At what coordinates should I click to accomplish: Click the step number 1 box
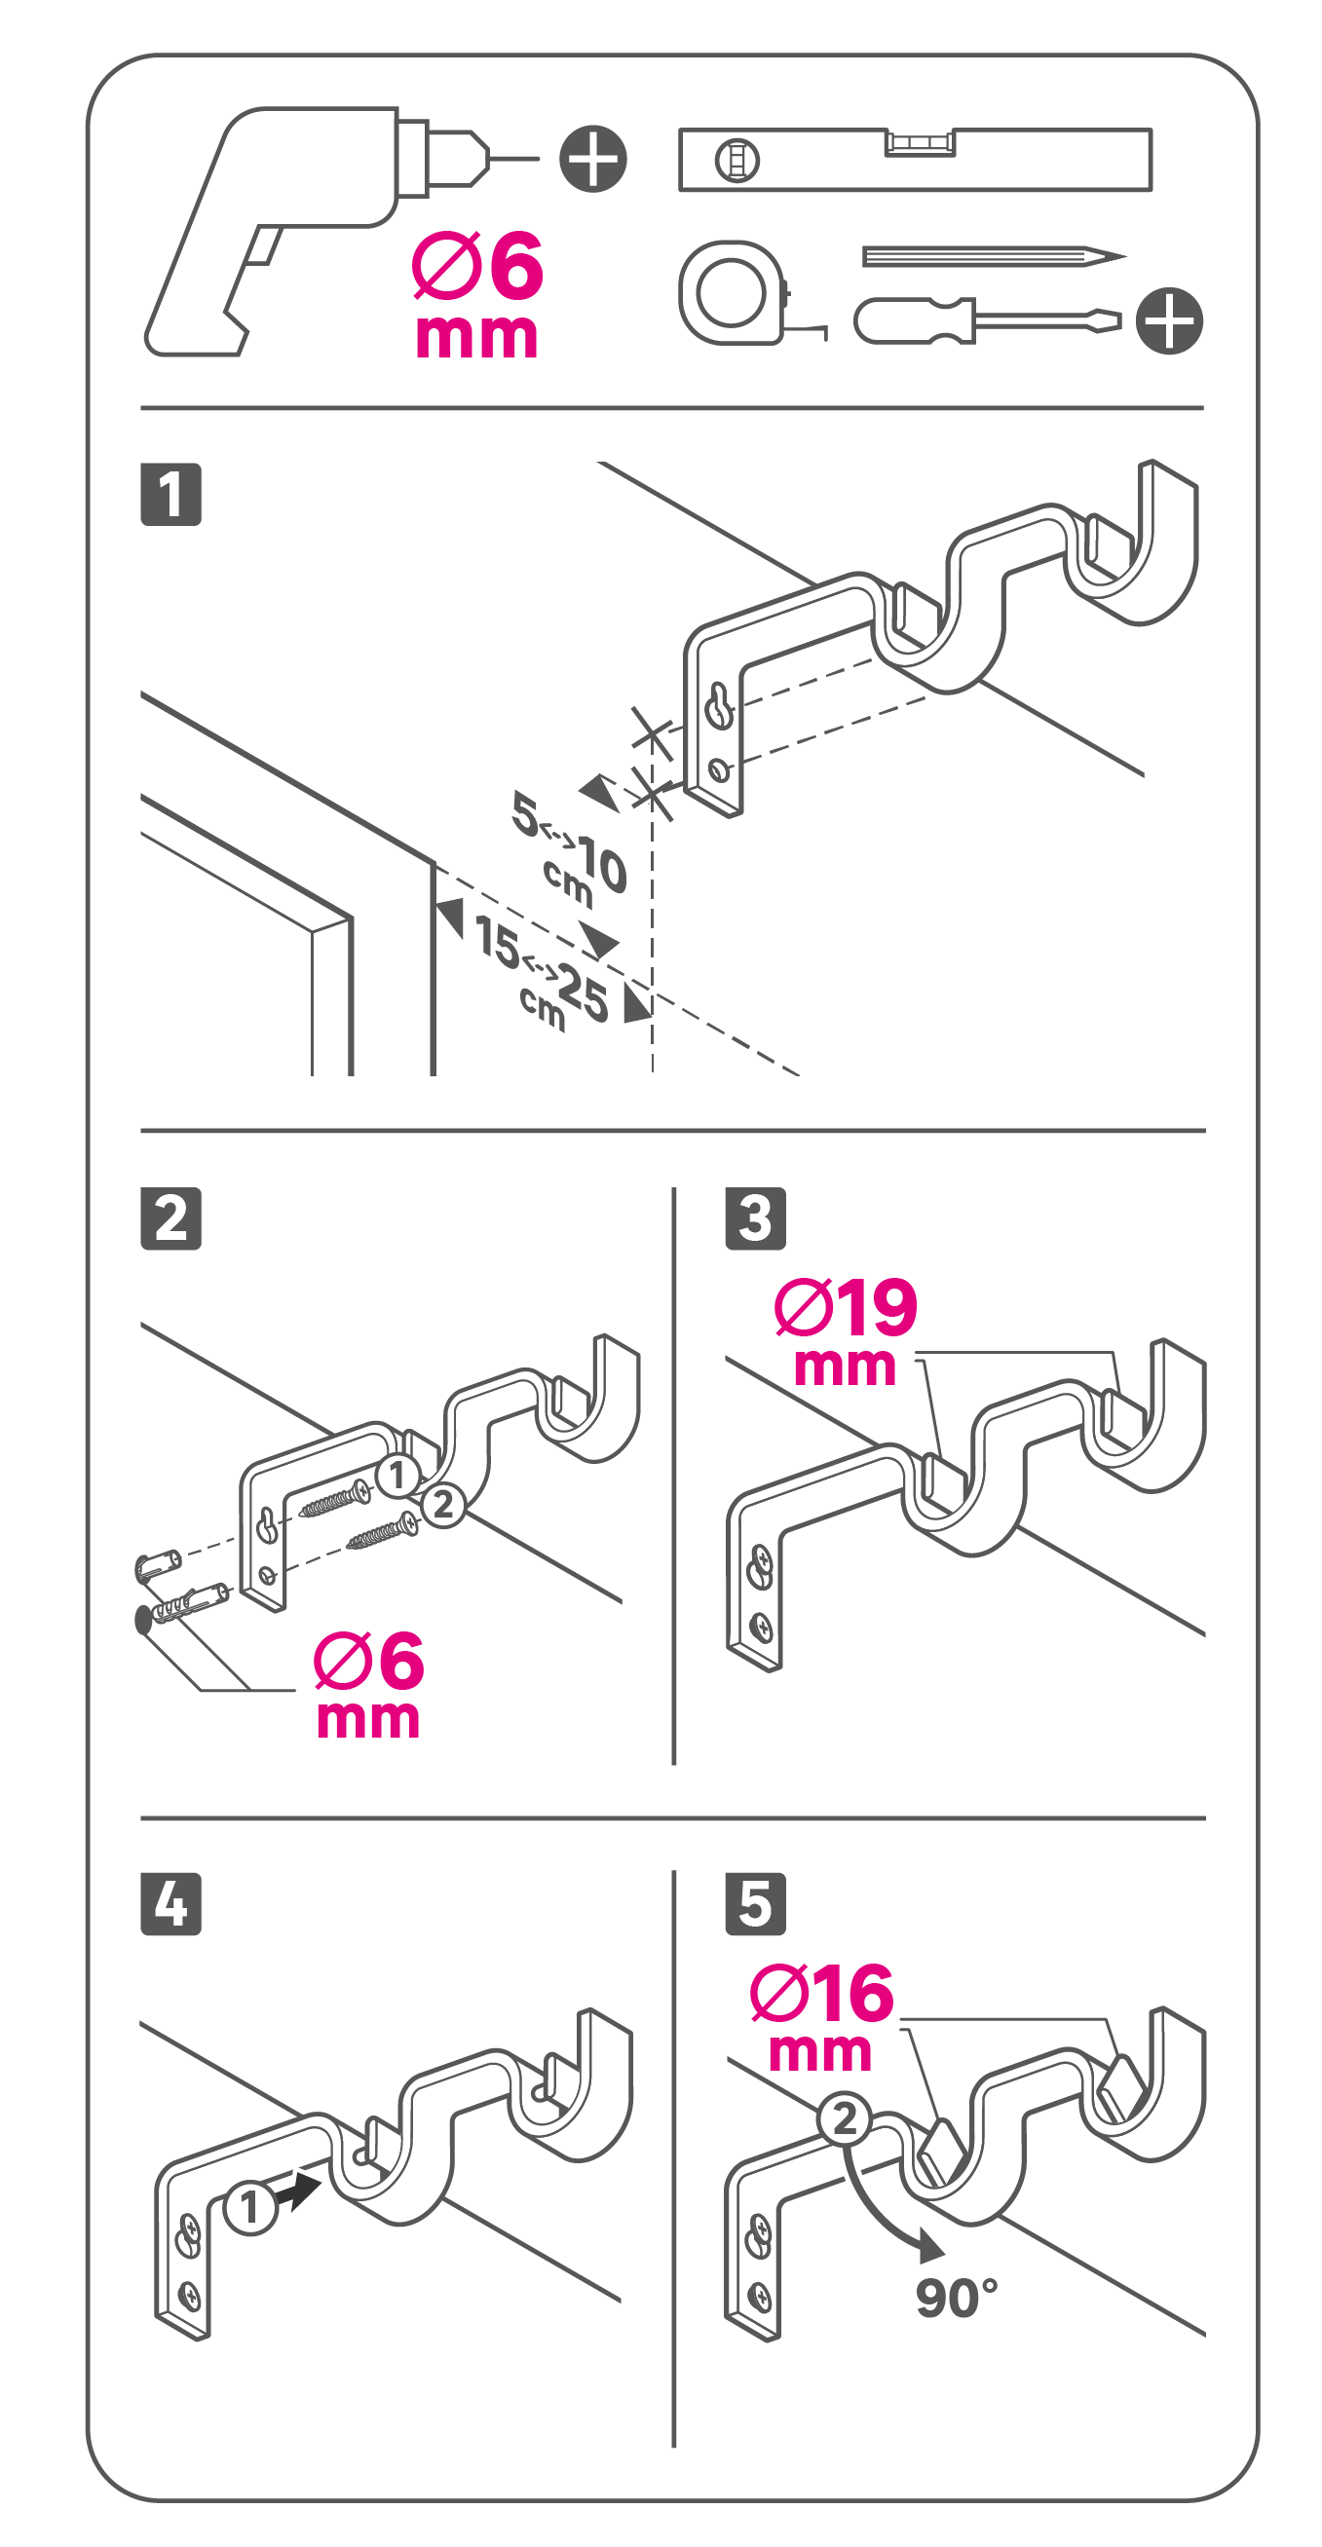tap(171, 494)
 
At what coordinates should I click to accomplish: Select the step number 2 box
tap(171, 1218)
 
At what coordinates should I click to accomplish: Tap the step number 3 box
tap(755, 1218)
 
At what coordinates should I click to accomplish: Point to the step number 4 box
tap(171, 1903)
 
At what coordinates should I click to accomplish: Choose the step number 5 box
tap(755, 1903)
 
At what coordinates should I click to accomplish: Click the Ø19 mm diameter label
tap(847, 1330)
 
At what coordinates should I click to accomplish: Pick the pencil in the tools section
tap(994, 257)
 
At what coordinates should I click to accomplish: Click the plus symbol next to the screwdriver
tap(1170, 320)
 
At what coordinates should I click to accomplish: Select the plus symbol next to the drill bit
tap(593, 158)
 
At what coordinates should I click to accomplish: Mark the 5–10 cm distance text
tap(570, 847)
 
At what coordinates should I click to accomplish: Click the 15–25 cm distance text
tap(541, 974)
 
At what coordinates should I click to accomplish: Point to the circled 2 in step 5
tap(845, 2118)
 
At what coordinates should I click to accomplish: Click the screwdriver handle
tap(915, 320)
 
